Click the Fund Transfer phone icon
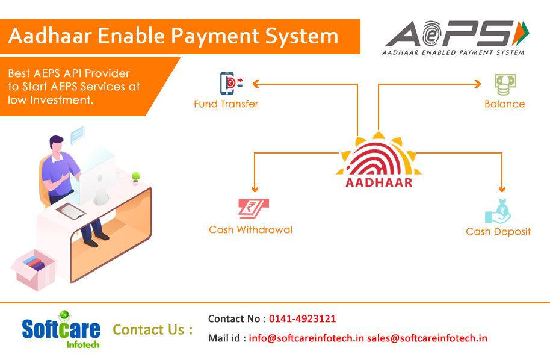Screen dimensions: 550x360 pyautogui.click(x=231, y=83)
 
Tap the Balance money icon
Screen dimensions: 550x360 pyautogui.click(x=505, y=84)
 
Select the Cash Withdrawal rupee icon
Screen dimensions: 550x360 pyautogui.click(x=253, y=208)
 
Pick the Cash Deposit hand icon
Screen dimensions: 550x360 pyautogui.click(x=498, y=211)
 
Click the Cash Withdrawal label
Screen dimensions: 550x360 pyautogui.click(x=250, y=230)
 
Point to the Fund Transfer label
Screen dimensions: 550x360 pyautogui.click(x=226, y=104)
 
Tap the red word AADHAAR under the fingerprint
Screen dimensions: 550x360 pyautogui.click(x=379, y=182)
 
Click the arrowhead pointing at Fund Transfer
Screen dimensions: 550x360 pyautogui.click(x=256, y=84)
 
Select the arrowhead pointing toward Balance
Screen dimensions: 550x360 pyautogui.click(x=477, y=84)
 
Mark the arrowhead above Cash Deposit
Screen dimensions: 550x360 pyautogui.click(x=502, y=188)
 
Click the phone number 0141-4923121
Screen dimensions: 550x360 pyautogui.click(x=302, y=318)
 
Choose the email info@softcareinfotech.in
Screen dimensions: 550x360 pyautogui.click(x=306, y=338)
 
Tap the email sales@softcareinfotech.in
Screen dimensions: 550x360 pyautogui.click(x=427, y=338)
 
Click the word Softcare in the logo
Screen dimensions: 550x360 pyautogui.click(x=61, y=329)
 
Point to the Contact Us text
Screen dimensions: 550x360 pyautogui.click(x=153, y=330)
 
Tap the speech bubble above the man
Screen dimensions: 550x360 pyautogui.click(x=78, y=135)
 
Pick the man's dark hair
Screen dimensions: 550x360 pyautogui.click(x=56, y=141)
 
